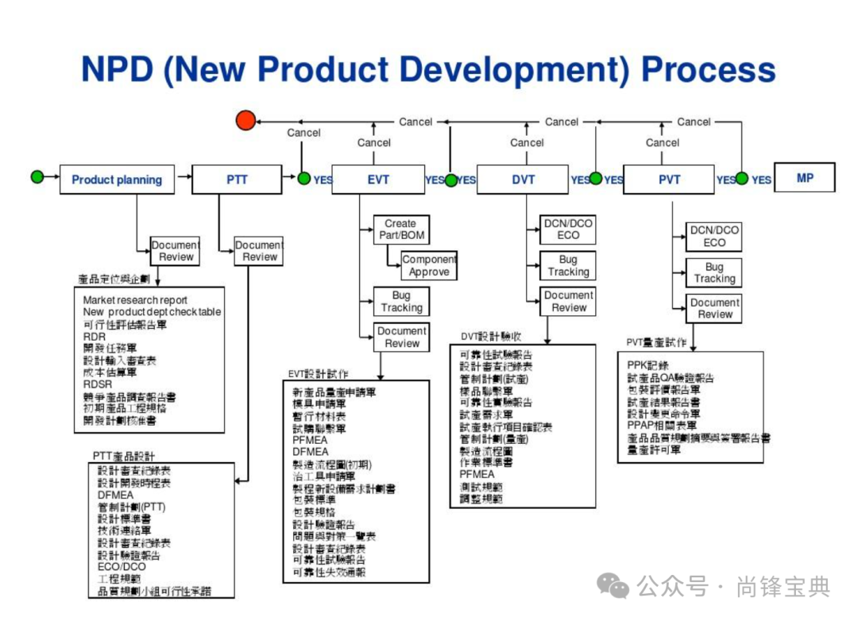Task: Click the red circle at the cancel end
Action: click(x=246, y=121)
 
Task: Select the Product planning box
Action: click(x=117, y=179)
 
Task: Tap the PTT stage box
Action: click(x=237, y=179)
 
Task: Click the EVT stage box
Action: click(x=378, y=179)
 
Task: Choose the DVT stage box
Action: click(x=523, y=179)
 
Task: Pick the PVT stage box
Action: click(x=669, y=179)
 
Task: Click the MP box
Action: click(x=805, y=178)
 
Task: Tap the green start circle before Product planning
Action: click(x=37, y=177)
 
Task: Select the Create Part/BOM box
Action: click(x=401, y=229)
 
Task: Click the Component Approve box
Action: click(x=429, y=265)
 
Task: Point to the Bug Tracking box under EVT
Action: click(x=401, y=302)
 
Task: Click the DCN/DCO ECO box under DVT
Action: click(x=567, y=229)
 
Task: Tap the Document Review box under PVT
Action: click(x=714, y=308)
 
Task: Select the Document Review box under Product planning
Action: click(x=176, y=251)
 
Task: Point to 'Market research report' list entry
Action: click(x=135, y=300)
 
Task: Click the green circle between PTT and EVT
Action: click(x=304, y=179)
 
